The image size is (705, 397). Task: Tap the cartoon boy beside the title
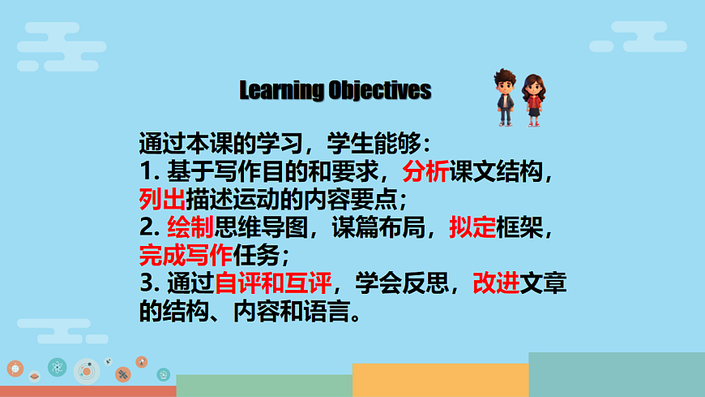click(x=505, y=97)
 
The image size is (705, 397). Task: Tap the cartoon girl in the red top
click(x=533, y=99)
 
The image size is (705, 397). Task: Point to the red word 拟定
click(x=472, y=228)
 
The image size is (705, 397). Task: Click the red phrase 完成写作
click(x=186, y=256)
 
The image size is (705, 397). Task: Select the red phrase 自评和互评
click(x=273, y=284)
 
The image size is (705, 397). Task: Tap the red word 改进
click(x=496, y=284)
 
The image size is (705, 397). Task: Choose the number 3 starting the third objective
click(x=147, y=284)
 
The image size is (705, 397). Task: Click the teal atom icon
click(x=57, y=368)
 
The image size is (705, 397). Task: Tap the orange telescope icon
click(x=142, y=361)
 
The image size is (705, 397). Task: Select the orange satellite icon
click(x=122, y=374)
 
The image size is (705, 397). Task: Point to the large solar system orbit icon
click(x=86, y=371)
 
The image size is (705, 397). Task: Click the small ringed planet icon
click(x=34, y=377)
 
